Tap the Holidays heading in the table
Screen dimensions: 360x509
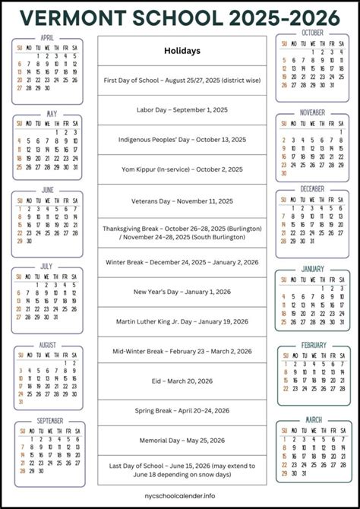coord(182,51)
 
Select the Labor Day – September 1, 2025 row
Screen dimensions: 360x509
coord(182,109)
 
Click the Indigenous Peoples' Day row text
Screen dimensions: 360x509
coord(182,139)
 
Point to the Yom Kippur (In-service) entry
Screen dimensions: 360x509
coord(182,169)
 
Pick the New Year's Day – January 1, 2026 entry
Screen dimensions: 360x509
coord(182,291)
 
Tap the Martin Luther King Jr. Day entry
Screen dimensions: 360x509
coord(182,321)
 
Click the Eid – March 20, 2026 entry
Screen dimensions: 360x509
coord(182,382)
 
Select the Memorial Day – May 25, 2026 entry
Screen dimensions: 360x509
coord(182,440)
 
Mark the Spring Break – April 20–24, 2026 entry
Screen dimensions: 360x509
coord(182,411)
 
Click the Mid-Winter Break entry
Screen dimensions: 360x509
coord(182,351)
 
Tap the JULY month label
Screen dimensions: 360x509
coord(47,267)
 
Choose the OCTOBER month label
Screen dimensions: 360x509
coord(312,33)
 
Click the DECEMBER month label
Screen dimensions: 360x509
coord(312,188)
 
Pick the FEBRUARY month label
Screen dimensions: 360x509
coord(313,345)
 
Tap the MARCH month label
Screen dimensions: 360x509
coord(313,419)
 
